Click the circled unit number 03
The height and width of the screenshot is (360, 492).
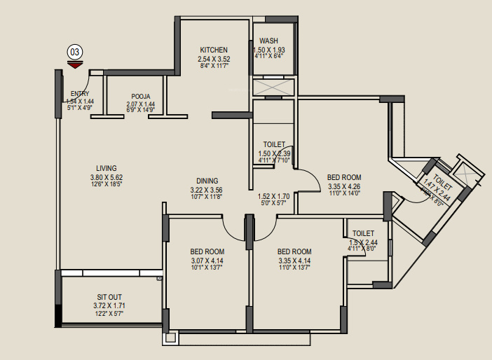75,52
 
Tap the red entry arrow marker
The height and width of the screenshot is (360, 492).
75,65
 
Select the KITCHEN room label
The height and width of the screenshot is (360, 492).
214,50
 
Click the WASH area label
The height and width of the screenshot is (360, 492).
268,41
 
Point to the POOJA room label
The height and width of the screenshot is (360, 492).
141,97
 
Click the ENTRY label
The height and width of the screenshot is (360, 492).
80,93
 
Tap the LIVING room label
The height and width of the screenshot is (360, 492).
107,168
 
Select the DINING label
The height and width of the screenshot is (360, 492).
207,180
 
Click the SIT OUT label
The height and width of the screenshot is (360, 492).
109,297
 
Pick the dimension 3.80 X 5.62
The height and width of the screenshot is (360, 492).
107,177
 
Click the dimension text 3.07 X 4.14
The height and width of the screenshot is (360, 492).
207,261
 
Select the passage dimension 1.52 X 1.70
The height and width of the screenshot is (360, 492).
273,196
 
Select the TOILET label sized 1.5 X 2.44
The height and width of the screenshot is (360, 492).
363,233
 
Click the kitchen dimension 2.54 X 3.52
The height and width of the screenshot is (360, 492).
214,59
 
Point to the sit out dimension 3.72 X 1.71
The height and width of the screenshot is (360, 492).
109,306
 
